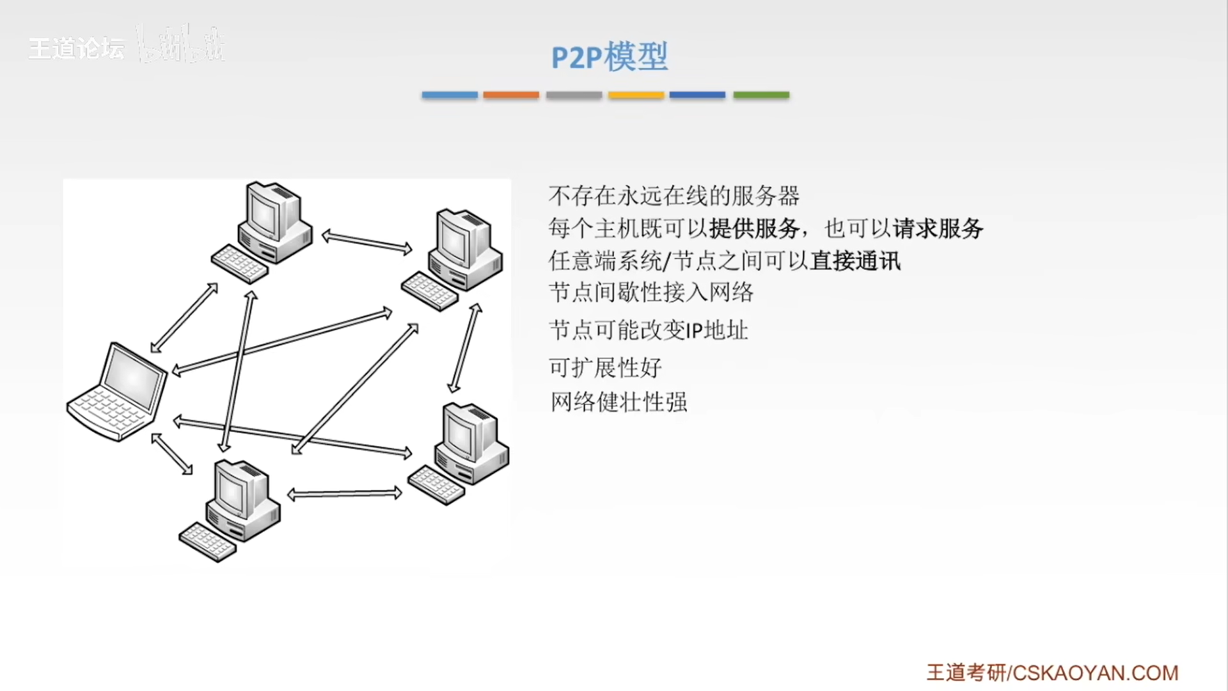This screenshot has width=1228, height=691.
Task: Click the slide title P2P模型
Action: pyautogui.click(x=610, y=57)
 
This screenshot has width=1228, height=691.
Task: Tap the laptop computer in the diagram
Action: pyautogui.click(x=117, y=392)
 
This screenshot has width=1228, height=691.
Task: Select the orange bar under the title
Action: pyautogui.click(x=511, y=95)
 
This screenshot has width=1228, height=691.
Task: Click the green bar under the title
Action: pyautogui.click(x=761, y=95)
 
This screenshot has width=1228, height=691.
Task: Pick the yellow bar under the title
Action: pyautogui.click(x=636, y=95)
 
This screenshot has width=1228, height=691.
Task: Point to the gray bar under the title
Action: pyautogui.click(x=574, y=95)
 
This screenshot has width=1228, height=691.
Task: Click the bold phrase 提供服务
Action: pyautogui.click(x=754, y=228)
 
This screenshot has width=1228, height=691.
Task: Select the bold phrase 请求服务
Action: pyautogui.click(x=938, y=228)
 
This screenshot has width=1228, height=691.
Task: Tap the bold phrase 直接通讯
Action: pyautogui.click(x=856, y=261)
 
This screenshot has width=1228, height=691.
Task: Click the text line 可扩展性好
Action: pyautogui.click(x=605, y=368)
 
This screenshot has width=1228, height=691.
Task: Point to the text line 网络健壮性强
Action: pyautogui.click(x=619, y=402)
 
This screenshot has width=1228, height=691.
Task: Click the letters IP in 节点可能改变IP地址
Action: pyautogui.click(x=694, y=331)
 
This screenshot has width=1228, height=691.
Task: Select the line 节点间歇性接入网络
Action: pyautogui.click(x=651, y=293)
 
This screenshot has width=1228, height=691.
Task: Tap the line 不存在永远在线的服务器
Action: pyautogui.click(x=674, y=196)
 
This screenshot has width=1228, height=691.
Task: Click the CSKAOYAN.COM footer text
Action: pyautogui.click(x=1095, y=673)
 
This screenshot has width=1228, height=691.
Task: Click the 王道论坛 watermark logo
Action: pyautogui.click(x=77, y=49)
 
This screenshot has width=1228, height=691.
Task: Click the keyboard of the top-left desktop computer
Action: pyautogui.click(x=239, y=264)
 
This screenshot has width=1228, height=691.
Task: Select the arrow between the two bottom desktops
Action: pyautogui.click(x=345, y=494)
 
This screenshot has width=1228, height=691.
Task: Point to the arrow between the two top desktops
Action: pyautogui.click(x=366, y=242)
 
